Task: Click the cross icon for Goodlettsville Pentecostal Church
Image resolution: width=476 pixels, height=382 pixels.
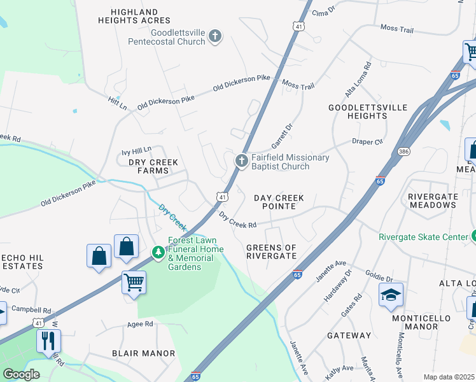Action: click(215, 36)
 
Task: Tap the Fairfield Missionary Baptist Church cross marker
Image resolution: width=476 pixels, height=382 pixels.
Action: click(241, 162)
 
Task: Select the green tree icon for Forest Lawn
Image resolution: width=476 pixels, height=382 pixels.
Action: click(158, 253)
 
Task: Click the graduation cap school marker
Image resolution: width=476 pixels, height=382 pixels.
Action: click(391, 295)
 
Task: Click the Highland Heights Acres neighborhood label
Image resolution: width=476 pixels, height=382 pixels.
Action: click(134, 16)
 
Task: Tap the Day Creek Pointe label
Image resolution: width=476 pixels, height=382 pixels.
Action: click(279, 202)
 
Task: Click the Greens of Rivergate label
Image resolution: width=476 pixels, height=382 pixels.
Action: click(272, 251)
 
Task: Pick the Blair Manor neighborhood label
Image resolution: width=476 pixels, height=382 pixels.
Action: click(143, 353)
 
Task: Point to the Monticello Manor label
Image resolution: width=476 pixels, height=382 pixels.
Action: click(412, 322)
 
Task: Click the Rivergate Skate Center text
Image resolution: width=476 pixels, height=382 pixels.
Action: click(423, 237)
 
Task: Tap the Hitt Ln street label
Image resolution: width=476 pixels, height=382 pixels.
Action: click(118, 101)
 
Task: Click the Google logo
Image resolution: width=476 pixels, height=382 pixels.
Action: click(21, 374)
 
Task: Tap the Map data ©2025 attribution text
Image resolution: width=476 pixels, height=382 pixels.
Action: click(449, 377)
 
